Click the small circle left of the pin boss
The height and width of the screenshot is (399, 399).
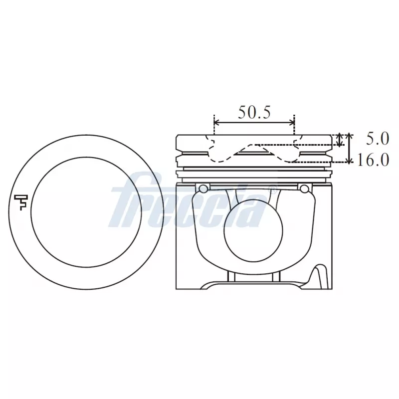click(203, 188)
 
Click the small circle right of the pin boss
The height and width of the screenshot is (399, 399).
click(304, 188)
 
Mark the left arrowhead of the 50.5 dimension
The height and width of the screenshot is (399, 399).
click(216, 123)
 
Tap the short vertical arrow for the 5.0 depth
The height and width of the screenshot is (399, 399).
click(340, 140)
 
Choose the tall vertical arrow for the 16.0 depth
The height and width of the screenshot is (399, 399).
click(349, 148)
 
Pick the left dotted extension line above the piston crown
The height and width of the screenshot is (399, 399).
click(214, 126)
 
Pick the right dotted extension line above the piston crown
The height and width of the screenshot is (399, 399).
click(295, 126)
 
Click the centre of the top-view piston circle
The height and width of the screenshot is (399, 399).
click(86, 212)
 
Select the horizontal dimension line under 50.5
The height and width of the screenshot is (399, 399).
click(254, 123)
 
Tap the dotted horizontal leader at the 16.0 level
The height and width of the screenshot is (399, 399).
click(319, 162)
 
